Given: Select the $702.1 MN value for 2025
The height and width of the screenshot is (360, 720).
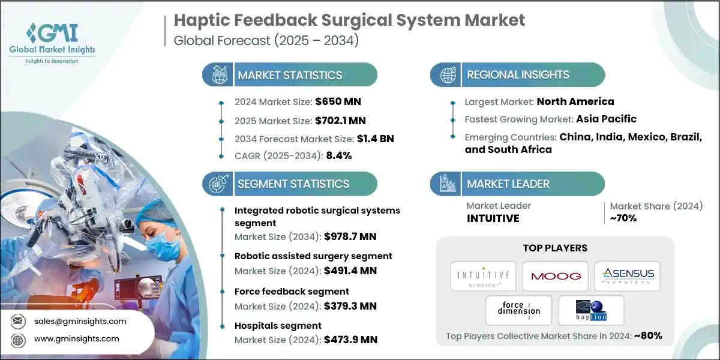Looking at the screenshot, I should pos(340,120).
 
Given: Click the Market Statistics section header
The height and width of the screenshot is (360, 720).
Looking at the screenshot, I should pos(290,75).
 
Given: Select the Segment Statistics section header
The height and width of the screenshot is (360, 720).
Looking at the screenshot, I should pos(293,184).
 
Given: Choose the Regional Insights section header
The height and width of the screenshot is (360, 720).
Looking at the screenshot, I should pos(518,75).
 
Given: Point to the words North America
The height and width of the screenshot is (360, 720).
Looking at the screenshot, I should pos(575,101).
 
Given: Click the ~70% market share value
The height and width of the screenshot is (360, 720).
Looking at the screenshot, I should pos(623,218).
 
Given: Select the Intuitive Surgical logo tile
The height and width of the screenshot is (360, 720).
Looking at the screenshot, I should pos(483,275).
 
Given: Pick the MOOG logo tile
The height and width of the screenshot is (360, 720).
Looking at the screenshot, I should pos(555,275).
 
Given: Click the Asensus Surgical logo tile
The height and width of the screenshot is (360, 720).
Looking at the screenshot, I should pos(627,275).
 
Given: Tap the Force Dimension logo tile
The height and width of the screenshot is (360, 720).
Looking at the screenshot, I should pos(519,310).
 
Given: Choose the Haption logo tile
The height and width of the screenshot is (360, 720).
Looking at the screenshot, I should pos(591,310).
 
